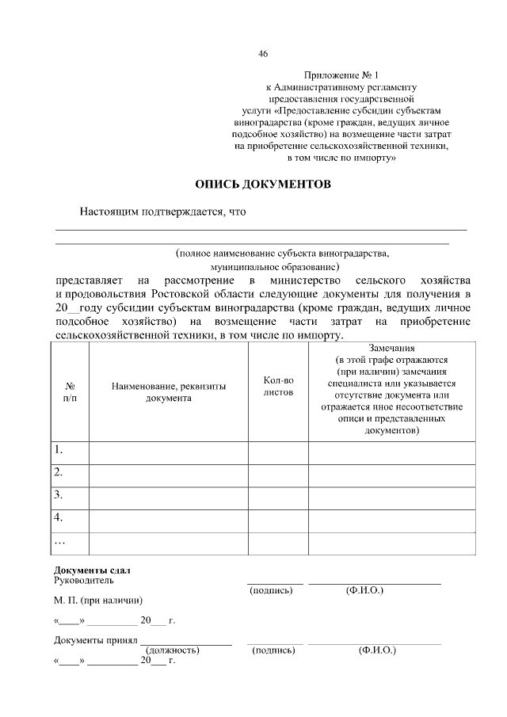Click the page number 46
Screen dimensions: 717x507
pyautogui.click(x=263, y=54)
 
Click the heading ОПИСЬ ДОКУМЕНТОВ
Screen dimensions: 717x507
pyautogui.click(x=263, y=185)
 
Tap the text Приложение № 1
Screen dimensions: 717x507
pyautogui.click(x=341, y=73)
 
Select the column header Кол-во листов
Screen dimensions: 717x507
pyautogui.click(x=278, y=387)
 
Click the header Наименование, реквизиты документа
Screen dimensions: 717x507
pyautogui.click(x=169, y=392)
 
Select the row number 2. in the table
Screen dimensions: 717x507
pyautogui.click(x=59, y=473)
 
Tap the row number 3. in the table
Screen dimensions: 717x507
pyautogui.click(x=59, y=495)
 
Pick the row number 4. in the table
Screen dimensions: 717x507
pyautogui.click(x=59, y=517)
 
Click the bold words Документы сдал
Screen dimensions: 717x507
pyautogui.click(x=92, y=570)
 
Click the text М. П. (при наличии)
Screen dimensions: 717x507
pyautogui.click(x=98, y=600)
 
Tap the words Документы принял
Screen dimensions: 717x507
pyautogui.click(x=96, y=639)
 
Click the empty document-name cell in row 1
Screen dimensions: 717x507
pyautogui.click(x=169, y=452)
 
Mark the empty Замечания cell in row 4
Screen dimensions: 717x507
pyautogui.click(x=392, y=519)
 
